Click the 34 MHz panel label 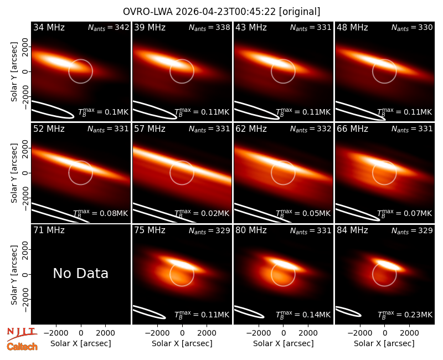pos(49,27)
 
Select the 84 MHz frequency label pos(352,230)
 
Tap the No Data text pos(80,273)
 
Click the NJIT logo pos(22,334)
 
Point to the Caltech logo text pos(22,347)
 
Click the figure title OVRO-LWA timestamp pos(221,12)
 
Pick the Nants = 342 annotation pos(109,27)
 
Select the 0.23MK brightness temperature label pos(405,314)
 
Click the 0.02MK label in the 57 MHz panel pos(202,213)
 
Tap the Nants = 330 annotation pos(412,27)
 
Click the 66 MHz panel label pos(352,129)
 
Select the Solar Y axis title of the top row pos(14,72)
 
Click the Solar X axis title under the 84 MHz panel pos(384,343)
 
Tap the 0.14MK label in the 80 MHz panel pos(303,314)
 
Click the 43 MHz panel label pos(251,27)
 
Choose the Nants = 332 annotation pos(311,129)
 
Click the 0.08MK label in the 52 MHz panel pos(101,213)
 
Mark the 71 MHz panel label pos(49,230)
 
